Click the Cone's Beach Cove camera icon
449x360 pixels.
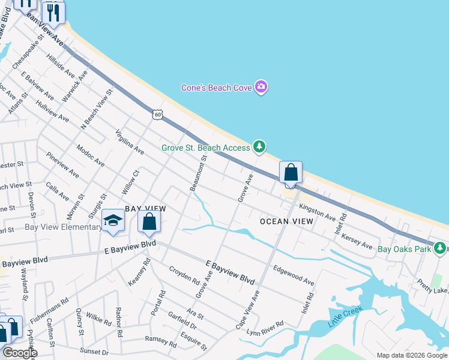point(261,88)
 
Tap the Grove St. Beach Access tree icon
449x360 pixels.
point(259,146)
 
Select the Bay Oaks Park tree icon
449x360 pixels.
point(441,247)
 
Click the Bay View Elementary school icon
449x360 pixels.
point(112,221)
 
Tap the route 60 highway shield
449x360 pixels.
point(157,114)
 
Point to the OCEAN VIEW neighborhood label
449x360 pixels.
point(286,221)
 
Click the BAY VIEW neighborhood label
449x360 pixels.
point(145,208)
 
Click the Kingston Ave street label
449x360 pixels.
point(317,211)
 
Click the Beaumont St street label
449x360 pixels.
point(198,174)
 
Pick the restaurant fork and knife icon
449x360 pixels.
point(53,12)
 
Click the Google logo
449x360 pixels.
point(20,353)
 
